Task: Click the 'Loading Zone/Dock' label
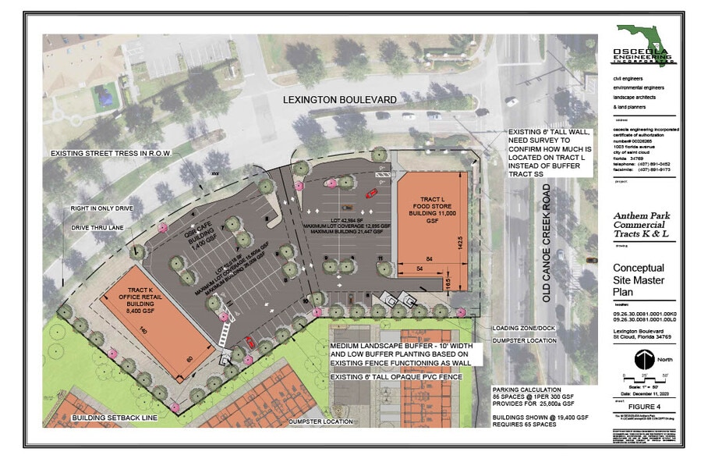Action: coord(520,329)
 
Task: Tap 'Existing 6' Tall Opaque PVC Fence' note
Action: coord(396,377)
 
